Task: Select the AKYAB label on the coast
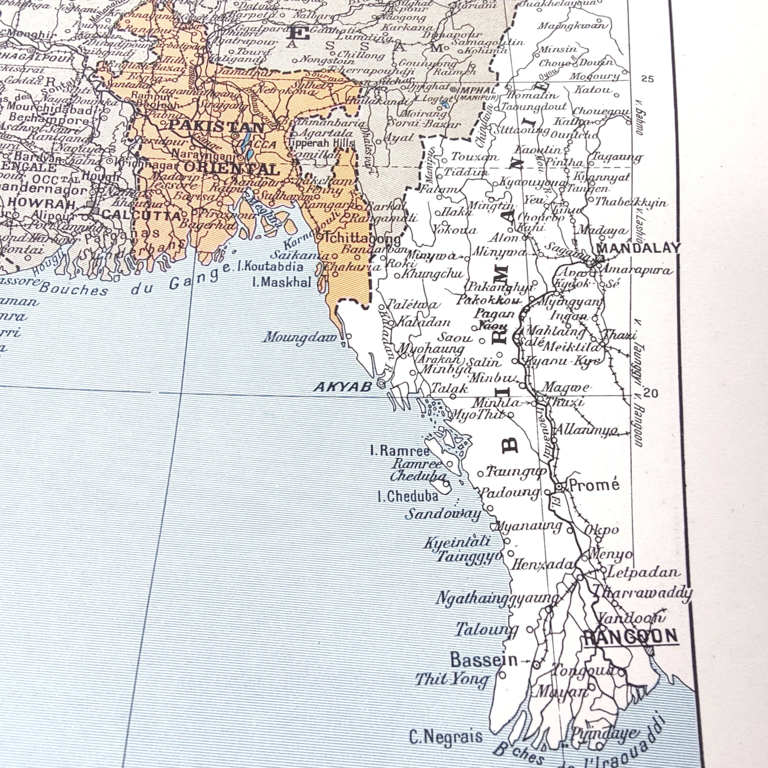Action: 343,386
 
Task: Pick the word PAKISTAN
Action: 217,126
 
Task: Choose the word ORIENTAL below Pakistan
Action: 232,169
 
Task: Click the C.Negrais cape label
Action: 445,737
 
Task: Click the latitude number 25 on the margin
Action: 647,79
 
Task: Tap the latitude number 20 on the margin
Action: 650,393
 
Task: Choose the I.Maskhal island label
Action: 281,282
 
